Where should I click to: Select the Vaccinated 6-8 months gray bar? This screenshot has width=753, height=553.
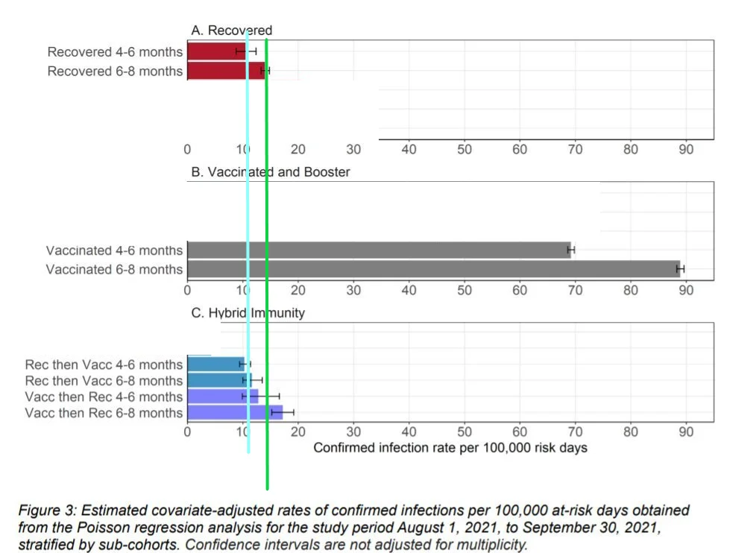[x=432, y=268]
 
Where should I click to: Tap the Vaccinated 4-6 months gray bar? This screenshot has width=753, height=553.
[x=378, y=250]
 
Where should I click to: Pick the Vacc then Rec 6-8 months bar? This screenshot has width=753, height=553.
[x=234, y=412]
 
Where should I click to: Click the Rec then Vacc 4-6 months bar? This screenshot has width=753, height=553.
[x=215, y=364]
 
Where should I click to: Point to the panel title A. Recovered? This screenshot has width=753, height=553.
[x=232, y=31]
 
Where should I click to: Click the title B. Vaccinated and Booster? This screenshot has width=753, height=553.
[x=271, y=172]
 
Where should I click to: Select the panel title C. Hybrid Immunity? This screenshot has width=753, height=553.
[x=248, y=313]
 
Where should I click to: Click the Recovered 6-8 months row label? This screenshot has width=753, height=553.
[x=115, y=71]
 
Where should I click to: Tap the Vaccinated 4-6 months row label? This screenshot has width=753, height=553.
[x=114, y=250]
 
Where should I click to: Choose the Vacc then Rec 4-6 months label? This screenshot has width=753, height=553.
[x=104, y=396]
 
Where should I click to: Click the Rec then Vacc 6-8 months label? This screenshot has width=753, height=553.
[x=104, y=381]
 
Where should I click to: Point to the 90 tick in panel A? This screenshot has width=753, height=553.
[x=686, y=150]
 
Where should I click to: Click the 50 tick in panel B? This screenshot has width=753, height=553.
[x=464, y=290]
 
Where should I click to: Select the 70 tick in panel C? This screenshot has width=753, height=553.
[x=575, y=432]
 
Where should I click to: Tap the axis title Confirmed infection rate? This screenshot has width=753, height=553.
[x=450, y=448]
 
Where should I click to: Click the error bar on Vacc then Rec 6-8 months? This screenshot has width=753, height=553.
[x=283, y=412]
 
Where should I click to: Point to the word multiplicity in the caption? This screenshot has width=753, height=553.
[x=489, y=543]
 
